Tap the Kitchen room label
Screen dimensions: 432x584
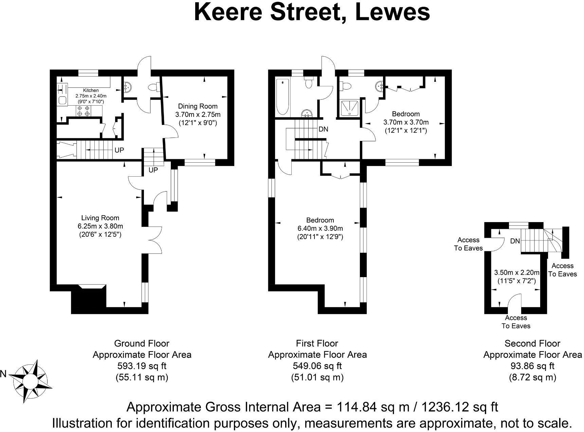[91, 90]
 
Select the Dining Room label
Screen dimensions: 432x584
[198, 106]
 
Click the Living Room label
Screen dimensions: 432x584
[100, 218]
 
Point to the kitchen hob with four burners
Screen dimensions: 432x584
[83, 111]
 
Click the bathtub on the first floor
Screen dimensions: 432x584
[282, 97]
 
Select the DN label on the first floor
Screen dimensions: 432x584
[323, 129]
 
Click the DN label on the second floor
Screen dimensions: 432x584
[515, 241]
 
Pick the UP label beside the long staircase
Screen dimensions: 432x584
[119, 150]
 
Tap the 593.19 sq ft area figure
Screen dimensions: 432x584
[142, 366]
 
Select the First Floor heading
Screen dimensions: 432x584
[317, 343]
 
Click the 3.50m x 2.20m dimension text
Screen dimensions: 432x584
[516, 272]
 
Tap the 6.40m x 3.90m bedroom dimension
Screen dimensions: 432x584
[320, 228]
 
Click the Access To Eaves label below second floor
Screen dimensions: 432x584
[516, 322]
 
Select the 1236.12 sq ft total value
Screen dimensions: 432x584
[460, 407]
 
